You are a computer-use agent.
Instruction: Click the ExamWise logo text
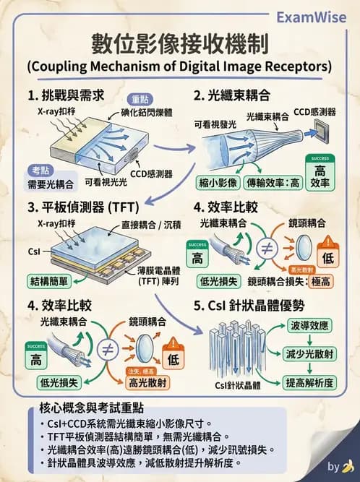tap(312, 17)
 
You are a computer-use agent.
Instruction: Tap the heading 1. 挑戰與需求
tap(66, 95)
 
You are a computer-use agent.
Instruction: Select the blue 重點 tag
tap(140, 100)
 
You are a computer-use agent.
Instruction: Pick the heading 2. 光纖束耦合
tap(232, 95)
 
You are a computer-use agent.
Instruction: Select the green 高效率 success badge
tap(319, 173)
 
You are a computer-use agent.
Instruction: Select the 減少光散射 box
tap(309, 353)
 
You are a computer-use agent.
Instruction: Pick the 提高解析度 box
tap(309, 382)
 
